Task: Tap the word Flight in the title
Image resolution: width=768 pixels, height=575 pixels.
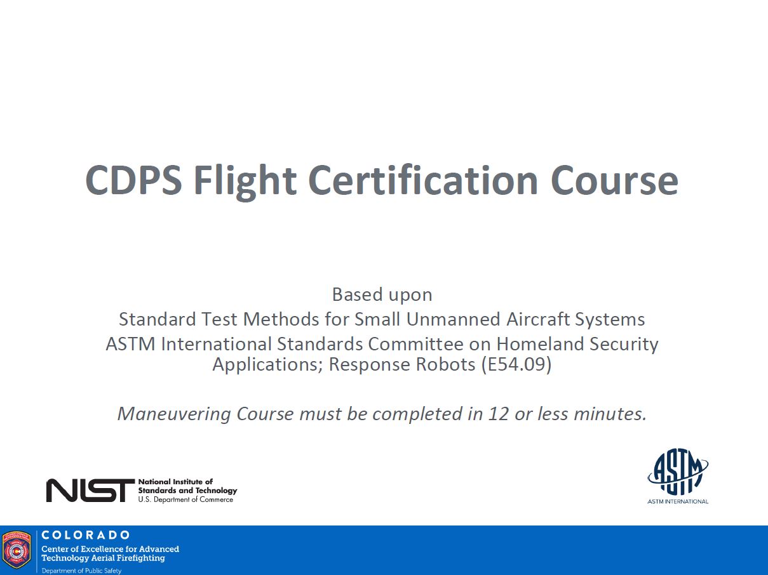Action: coord(245,181)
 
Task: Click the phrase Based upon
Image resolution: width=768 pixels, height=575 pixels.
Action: coord(382,294)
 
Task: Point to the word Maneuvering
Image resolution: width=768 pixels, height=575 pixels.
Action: coord(174,414)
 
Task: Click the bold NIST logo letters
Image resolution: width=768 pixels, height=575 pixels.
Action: coord(90,491)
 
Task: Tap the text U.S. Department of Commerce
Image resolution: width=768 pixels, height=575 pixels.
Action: coord(185,499)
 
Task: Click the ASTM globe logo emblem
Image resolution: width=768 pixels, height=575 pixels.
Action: coord(678,472)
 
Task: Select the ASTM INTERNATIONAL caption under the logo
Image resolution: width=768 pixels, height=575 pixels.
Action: coord(678,501)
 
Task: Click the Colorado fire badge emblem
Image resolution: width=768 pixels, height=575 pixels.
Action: coord(17,550)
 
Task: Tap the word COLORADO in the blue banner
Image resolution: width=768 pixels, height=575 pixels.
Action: coord(86,535)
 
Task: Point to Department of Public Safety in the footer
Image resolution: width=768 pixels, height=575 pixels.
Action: coord(81,571)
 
